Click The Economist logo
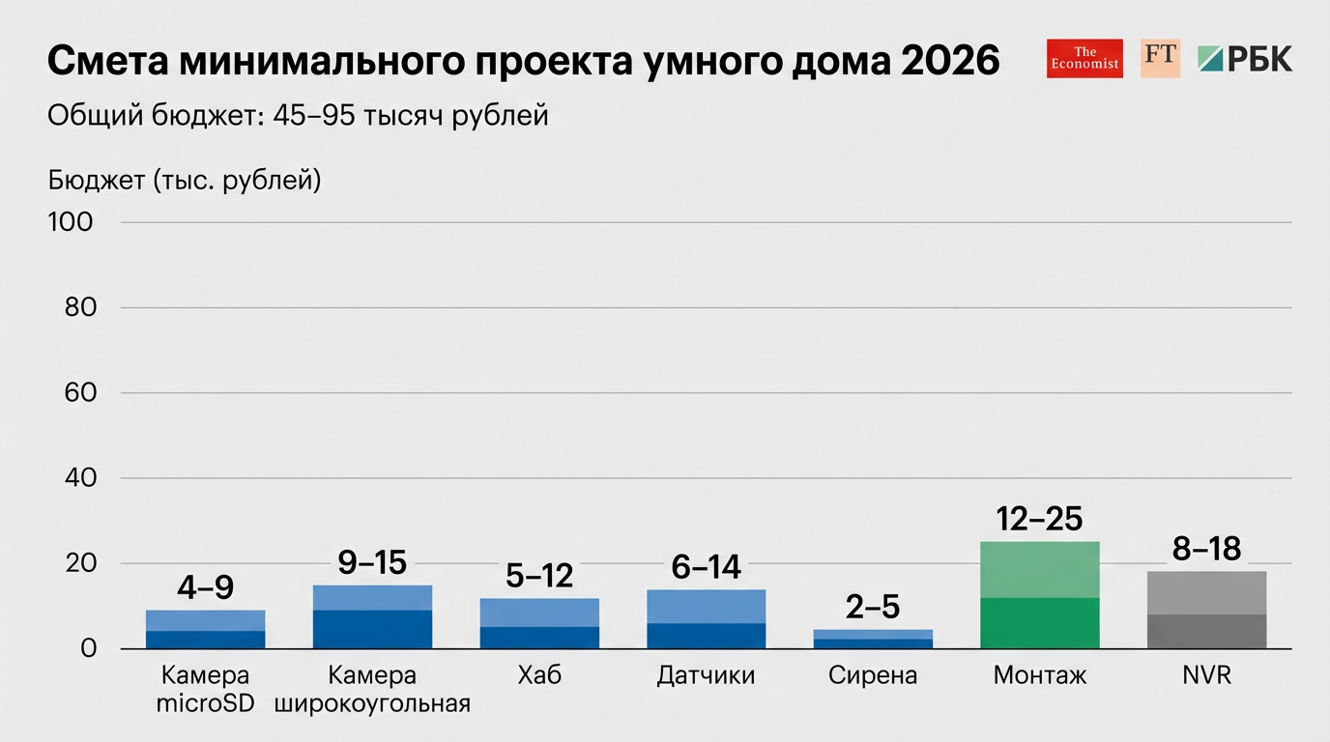(1084, 58)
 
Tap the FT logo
(1160, 58)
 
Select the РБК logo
(1245, 58)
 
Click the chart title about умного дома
(523, 61)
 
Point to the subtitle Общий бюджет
(298, 116)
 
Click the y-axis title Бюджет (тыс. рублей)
(184, 180)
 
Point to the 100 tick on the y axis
(71, 222)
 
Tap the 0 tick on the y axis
(88, 648)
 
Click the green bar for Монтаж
(1039, 595)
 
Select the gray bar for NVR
(1206, 610)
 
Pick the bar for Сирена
(873, 639)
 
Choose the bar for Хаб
(539, 623)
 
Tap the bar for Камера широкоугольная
(372, 616)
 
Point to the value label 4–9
(205, 587)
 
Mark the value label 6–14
(706, 567)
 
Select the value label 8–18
(1206, 549)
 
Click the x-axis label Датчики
(706, 675)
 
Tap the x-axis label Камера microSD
(205, 689)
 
